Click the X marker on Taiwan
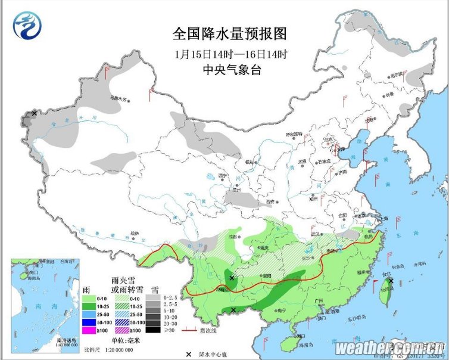[391, 280]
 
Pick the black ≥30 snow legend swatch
[154, 330]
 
